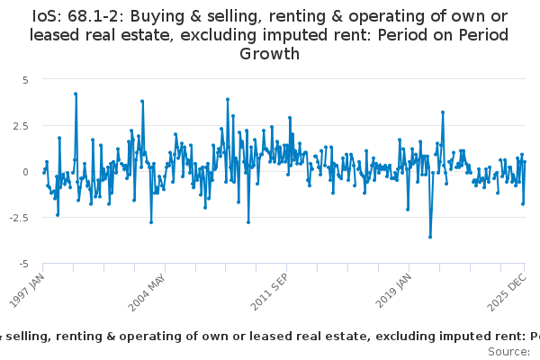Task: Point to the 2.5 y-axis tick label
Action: click(22, 125)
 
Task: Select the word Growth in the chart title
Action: click(269, 54)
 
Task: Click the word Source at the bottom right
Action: click(509, 351)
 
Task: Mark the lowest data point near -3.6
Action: click(430, 237)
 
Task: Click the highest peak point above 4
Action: click(76, 94)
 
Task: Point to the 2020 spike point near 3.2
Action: click(443, 112)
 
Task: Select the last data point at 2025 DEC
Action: click(525, 162)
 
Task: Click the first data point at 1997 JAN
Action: click(43, 171)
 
